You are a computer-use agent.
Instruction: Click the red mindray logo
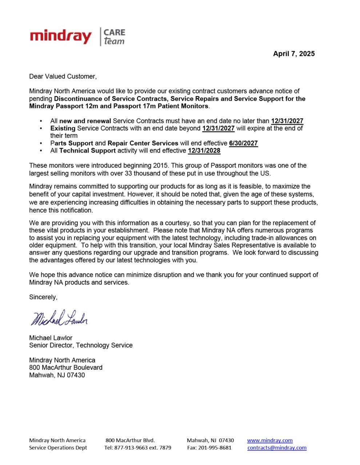(x=61, y=37)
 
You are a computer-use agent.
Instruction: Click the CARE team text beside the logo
(x=114, y=37)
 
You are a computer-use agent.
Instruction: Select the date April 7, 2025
(x=294, y=54)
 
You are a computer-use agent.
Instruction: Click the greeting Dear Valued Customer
(x=63, y=76)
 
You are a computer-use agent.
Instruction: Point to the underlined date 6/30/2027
(x=243, y=143)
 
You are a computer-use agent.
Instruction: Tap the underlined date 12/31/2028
(x=204, y=150)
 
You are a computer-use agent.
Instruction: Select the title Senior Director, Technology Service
(x=81, y=345)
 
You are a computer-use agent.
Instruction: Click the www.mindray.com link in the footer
(x=270, y=440)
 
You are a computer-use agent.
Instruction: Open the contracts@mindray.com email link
(x=277, y=448)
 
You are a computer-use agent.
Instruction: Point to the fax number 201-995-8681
(x=215, y=448)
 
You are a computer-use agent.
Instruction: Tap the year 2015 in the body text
(x=160, y=165)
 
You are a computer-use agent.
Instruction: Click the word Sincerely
(x=43, y=297)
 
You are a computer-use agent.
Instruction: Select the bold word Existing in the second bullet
(x=63, y=128)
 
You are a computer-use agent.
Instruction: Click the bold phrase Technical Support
(x=87, y=150)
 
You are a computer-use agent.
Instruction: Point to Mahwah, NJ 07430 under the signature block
(x=57, y=375)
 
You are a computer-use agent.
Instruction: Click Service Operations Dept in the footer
(x=58, y=448)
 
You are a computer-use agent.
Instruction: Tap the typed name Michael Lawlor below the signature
(x=51, y=338)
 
